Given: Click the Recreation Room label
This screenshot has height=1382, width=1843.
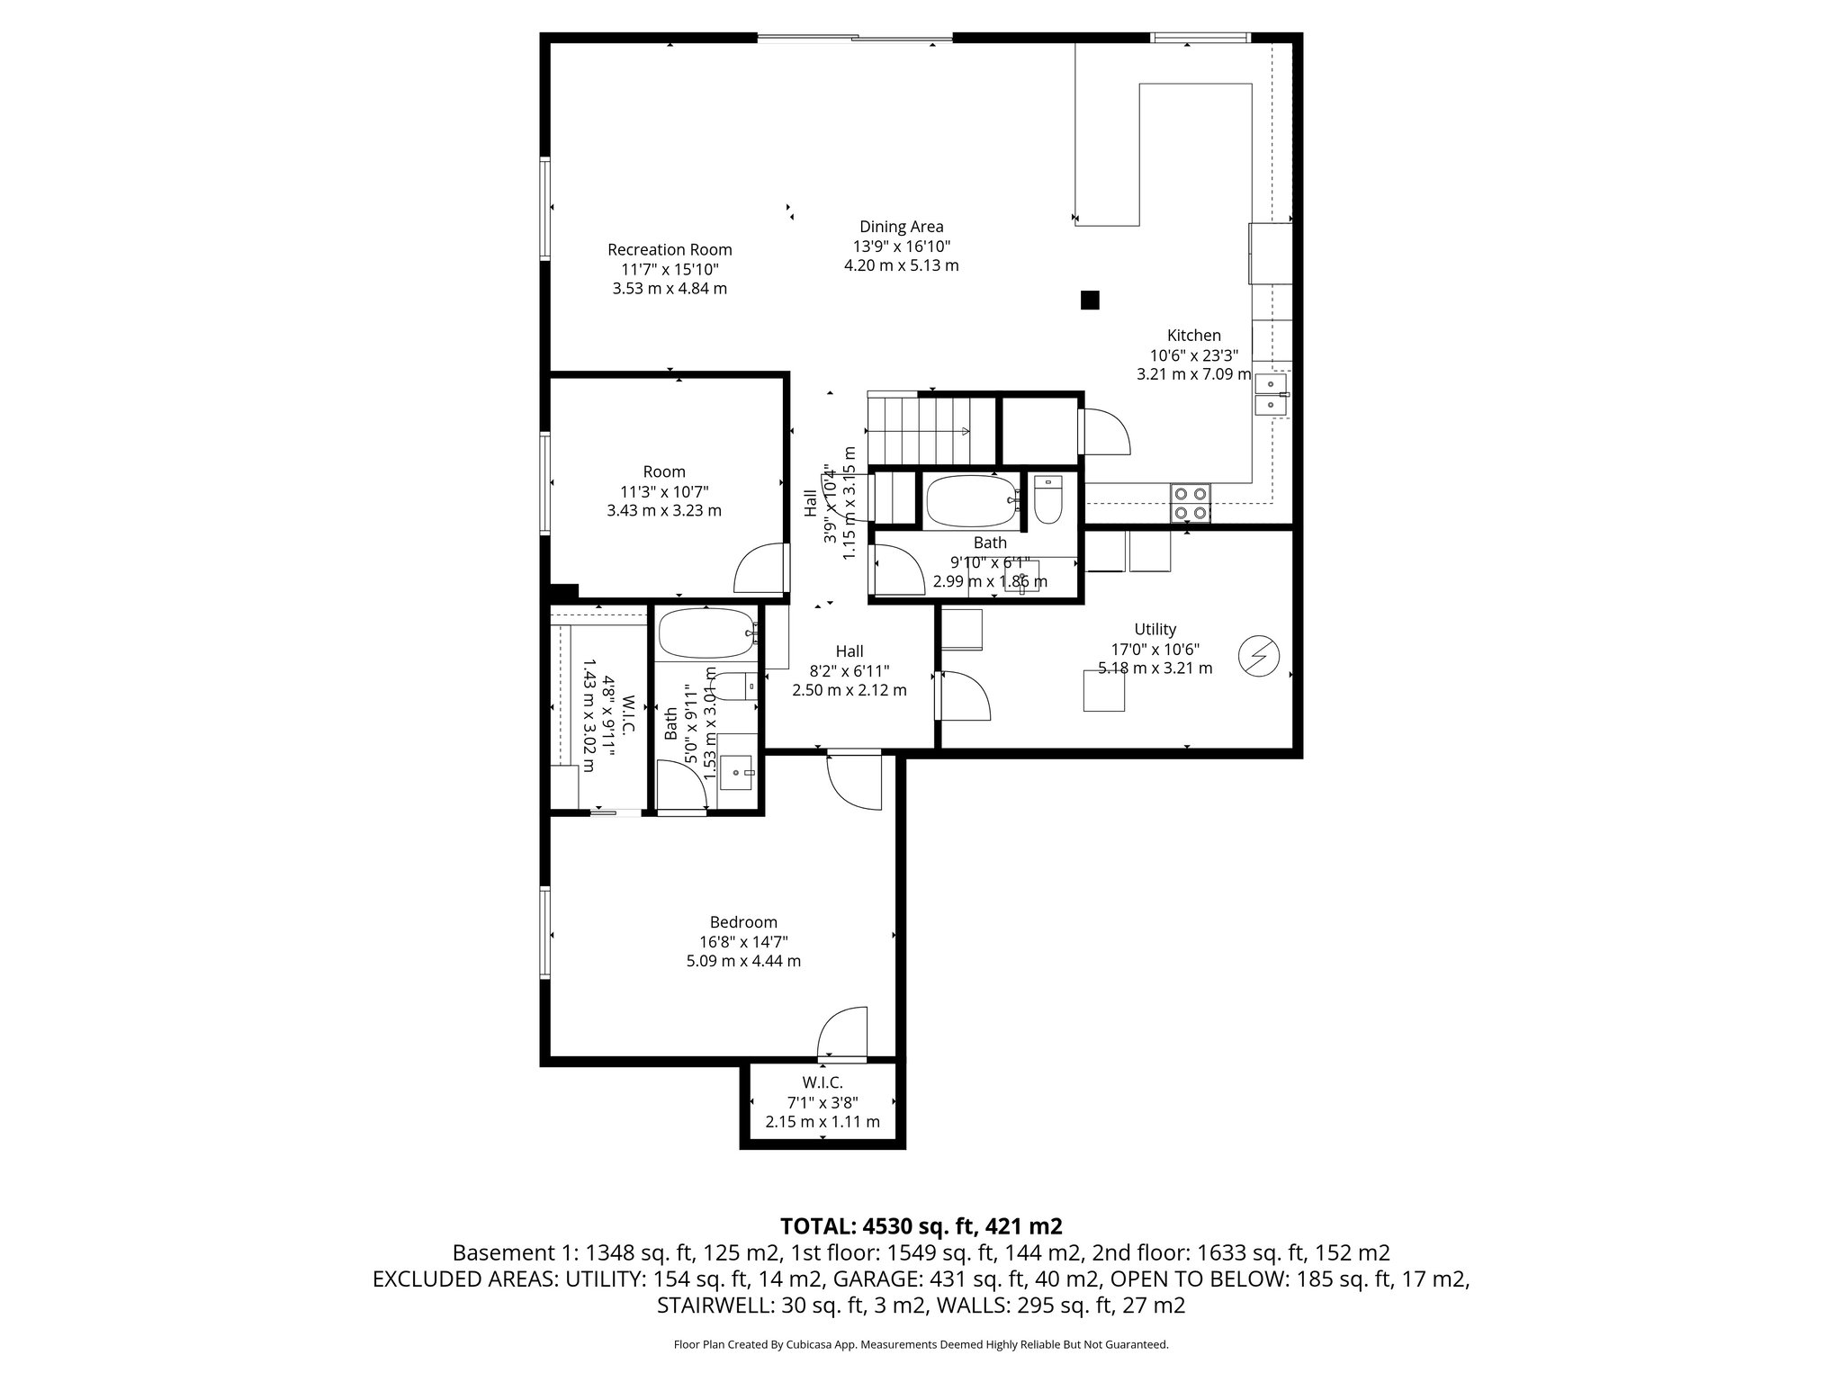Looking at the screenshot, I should [x=670, y=250].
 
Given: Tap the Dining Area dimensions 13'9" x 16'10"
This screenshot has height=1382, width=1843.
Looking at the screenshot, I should [x=902, y=247].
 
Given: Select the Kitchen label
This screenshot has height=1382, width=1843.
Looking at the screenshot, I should [x=1193, y=336].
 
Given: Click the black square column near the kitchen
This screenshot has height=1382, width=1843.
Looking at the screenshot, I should [x=1090, y=300].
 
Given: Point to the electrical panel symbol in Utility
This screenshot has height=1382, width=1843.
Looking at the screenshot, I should [x=1257, y=656].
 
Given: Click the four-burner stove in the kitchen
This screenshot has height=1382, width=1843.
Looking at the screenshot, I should [x=1191, y=504].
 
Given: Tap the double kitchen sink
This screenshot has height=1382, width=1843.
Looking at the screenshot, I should [x=1271, y=395].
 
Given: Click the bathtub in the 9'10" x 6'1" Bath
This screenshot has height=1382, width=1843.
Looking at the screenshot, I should [x=972, y=500].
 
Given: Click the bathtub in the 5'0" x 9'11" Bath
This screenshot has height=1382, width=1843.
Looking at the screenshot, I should [x=706, y=633].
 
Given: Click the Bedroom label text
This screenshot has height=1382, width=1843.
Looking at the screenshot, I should [x=742, y=922].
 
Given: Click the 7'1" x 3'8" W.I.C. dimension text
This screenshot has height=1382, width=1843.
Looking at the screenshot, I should [x=823, y=1102].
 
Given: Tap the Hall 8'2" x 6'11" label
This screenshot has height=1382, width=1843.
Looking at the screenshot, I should [x=849, y=651].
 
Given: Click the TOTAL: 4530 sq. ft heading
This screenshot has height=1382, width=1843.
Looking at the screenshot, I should [x=921, y=1225].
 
